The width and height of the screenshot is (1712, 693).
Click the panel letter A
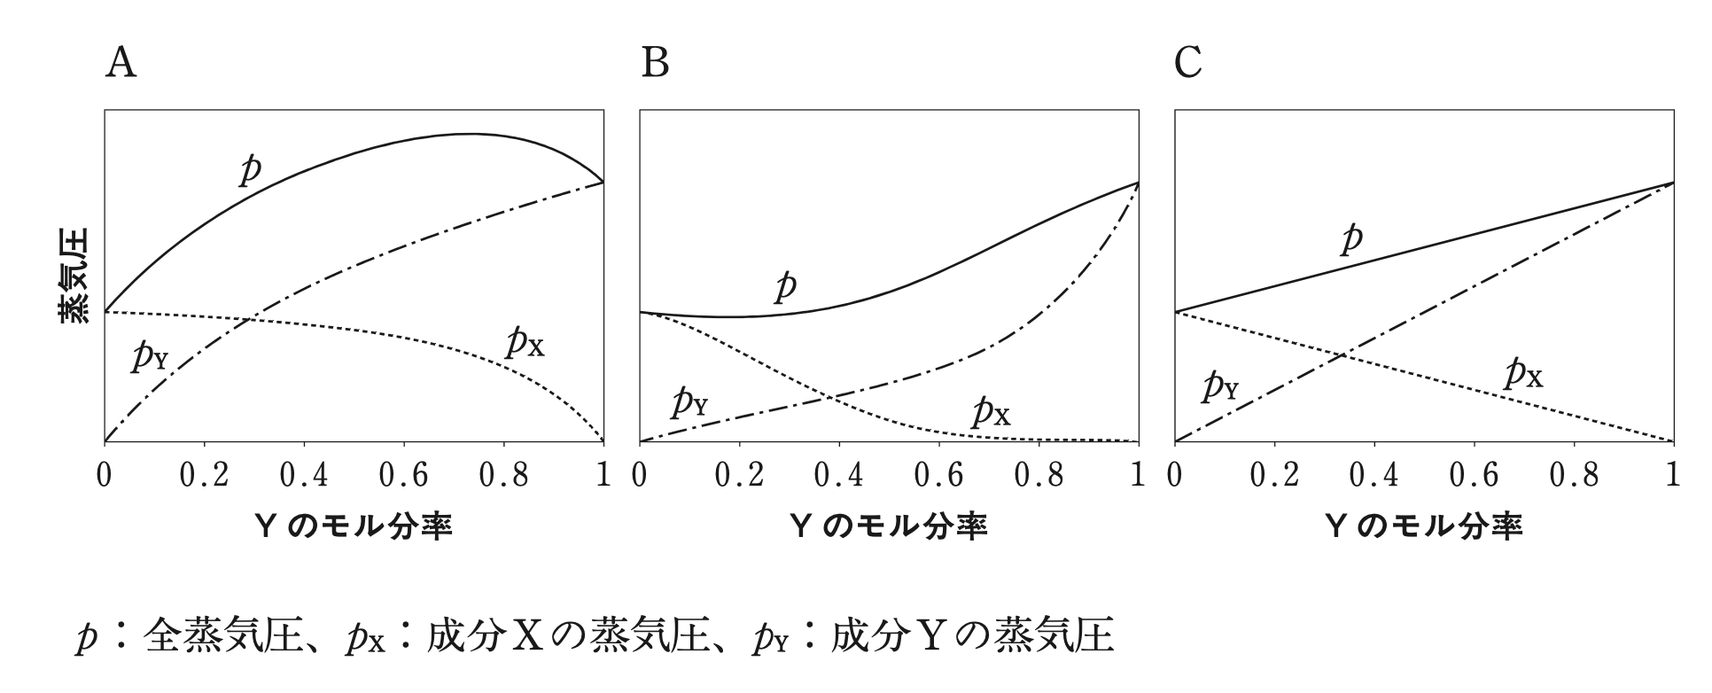(x=121, y=64)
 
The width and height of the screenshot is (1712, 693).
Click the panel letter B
(x=655, y=64)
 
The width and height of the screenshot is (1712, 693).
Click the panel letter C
(x=1188, y=64)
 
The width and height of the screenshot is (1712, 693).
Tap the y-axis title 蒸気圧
(x=74, y=276)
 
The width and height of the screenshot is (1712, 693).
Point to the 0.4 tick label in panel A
(x=304, y=476)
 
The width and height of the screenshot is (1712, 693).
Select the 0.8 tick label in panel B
(x=1039, y=476)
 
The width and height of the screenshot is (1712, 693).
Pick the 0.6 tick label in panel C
(x=1474, y=476)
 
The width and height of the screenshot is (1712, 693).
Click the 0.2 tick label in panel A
(x=204, y=476)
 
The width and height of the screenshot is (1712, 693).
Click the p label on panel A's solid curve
(x=251, y=168)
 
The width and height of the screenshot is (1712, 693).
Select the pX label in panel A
(x=525, y=342)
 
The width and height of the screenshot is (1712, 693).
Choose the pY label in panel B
(x=689, y=402)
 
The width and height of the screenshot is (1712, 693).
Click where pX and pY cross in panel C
(x=1344, y=355)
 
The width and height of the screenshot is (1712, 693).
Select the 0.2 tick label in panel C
(x=1273, y=476)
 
